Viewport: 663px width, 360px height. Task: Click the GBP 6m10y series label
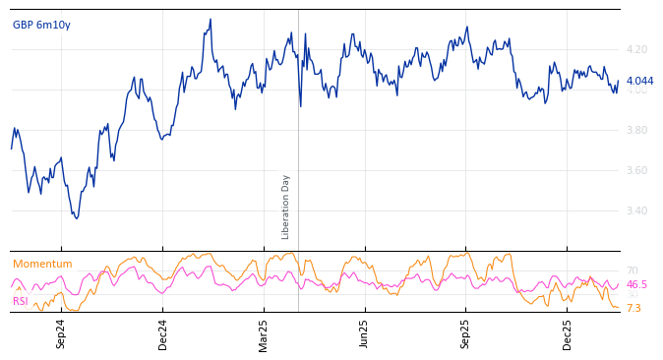point(41,25)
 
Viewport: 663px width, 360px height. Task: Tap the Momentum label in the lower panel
point(42,265)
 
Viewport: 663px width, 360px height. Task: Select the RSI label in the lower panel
point(21,301)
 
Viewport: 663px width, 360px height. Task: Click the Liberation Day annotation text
point(286,207)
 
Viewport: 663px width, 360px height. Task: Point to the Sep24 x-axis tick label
point(61,333)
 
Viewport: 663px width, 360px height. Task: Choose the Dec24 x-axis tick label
point(163,333)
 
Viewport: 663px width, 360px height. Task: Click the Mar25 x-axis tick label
point(264,333)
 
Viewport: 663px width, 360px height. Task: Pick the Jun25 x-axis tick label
point(364,333)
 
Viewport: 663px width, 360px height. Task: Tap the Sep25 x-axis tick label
point(465,333)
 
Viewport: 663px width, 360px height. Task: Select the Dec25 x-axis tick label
point(567,333)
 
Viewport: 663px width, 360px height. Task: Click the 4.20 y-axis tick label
point(636,49)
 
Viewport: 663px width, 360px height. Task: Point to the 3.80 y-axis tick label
point(636,130)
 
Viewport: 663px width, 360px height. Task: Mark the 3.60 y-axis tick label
point(636,170)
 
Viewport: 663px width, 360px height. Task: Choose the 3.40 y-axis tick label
point(636,210)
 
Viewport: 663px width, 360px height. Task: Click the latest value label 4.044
point(639,81)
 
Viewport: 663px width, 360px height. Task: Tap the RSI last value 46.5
point(636,284)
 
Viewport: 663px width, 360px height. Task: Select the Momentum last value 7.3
point(633,308)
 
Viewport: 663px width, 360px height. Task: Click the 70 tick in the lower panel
point(632,270)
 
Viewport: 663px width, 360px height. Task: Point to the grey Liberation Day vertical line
point(298,138)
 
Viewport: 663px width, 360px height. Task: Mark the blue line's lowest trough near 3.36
point(76,217)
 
